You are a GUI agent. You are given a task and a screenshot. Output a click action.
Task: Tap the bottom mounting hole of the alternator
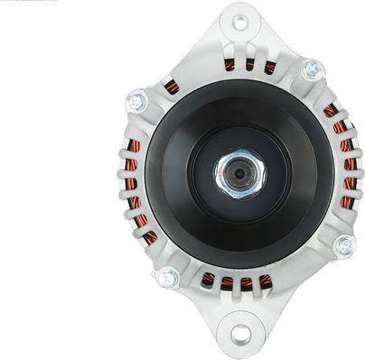click(x=239, y=335)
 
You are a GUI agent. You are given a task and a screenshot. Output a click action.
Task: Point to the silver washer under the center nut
click(x=229, y=180)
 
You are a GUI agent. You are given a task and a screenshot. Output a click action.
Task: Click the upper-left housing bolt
click(x=136, y=101)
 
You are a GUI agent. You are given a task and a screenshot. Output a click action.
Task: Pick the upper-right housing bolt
click(x=313, y=69)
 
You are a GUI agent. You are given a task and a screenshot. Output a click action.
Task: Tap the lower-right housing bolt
click(x=344, y=245)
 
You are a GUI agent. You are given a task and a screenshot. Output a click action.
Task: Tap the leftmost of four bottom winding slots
click(x=209, y=279)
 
